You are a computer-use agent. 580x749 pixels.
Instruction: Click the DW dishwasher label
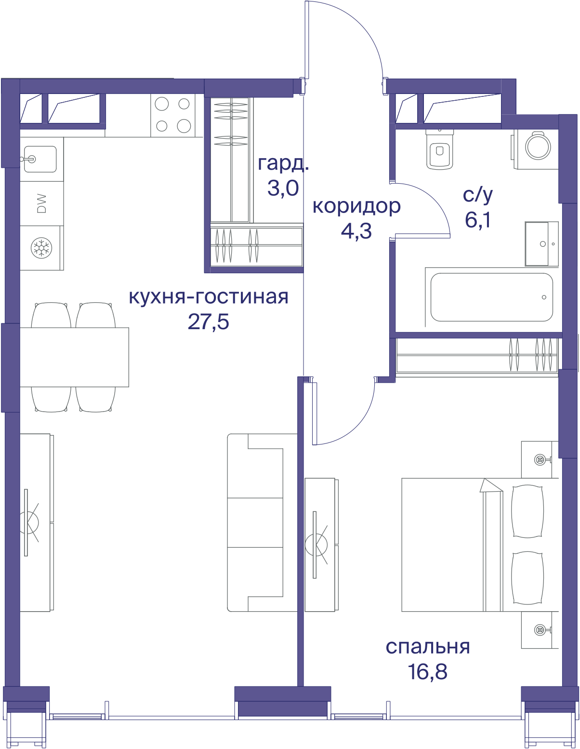(x=41, y=203)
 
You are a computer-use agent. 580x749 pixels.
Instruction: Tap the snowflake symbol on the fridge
(x=41, y=247)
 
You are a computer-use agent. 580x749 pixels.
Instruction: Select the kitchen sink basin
(x=40, y=159)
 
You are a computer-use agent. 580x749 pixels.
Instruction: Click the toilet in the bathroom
(x=439, y=149)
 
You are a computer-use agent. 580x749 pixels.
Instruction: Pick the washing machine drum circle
(x=538, y=147)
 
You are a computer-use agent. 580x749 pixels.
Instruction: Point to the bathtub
(x=491, y=297)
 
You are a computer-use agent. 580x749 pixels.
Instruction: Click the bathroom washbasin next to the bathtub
(x=541, y=244)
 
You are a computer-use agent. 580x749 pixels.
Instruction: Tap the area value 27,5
(x=209, y=322)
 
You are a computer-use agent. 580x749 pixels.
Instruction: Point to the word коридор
(x=356, y=206)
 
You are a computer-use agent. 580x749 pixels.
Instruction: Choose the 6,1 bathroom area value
(x=477, y=220)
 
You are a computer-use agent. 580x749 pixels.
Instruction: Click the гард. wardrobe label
(x=283, y=164)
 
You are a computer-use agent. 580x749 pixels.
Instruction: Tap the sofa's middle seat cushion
(x=255, y=523)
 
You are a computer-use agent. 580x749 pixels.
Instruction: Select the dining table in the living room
(x=74, y=357)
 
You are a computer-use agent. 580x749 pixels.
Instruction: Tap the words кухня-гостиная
(x=209, y=297)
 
